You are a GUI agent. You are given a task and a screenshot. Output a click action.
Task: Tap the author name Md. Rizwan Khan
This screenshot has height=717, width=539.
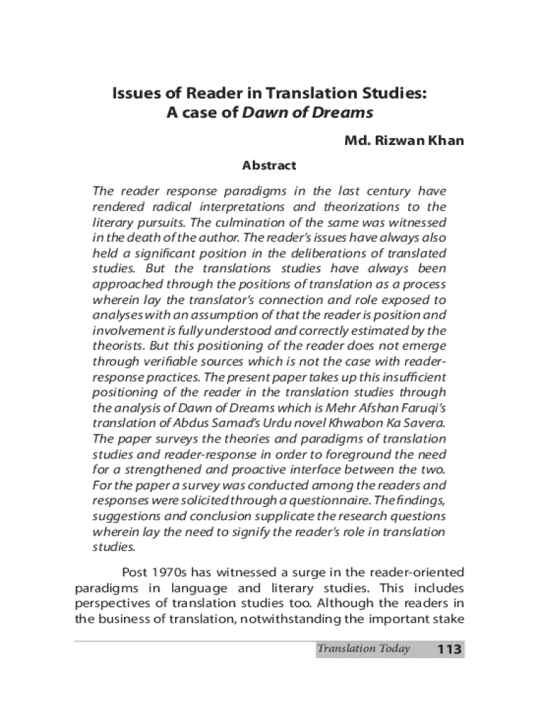coord(403,141)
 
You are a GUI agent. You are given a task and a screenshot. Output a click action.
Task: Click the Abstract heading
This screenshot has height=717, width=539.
coord(269,166)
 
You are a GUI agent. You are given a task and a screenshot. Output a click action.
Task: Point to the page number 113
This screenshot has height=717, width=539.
coord(449,650)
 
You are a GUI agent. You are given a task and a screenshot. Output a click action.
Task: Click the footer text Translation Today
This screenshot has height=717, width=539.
coord(363,649)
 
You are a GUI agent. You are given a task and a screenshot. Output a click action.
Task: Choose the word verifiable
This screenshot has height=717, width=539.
coord(162,361)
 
